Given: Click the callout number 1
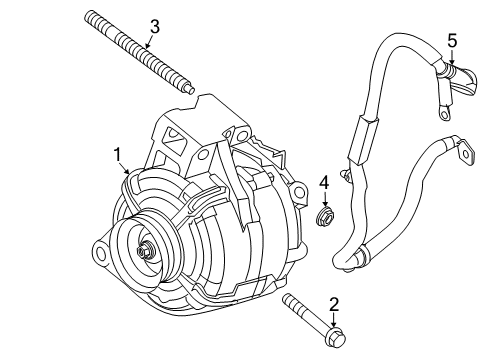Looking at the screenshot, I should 118,154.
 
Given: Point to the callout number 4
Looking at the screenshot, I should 324,181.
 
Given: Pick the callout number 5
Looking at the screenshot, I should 451,40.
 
